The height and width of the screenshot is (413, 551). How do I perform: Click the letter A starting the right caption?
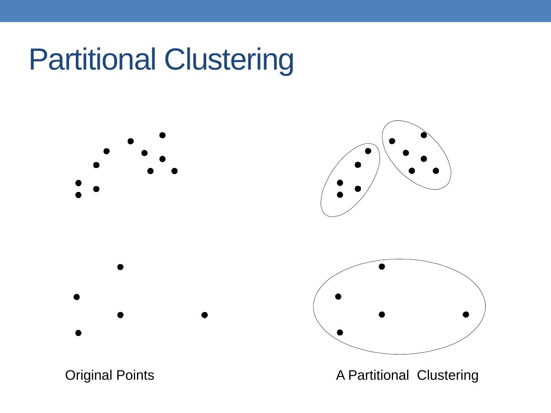341,375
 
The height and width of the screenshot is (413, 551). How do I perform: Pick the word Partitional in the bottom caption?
378,375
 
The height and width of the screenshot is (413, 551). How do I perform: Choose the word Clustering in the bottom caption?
448,375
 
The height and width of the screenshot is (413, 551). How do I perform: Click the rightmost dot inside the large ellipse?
466,314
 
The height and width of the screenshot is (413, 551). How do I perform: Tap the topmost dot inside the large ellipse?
382,267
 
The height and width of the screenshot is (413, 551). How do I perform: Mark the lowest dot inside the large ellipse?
340,332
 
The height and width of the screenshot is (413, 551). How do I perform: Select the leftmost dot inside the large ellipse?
338,296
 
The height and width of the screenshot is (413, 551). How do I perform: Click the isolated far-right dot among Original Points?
204,315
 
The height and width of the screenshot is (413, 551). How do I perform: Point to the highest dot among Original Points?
162,135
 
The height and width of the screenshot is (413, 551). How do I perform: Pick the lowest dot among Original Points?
78,333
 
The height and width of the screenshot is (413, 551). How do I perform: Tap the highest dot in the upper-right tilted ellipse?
424,135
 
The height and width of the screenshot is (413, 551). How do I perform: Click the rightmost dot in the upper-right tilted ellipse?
436,171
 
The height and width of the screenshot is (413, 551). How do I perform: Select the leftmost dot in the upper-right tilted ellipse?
392,141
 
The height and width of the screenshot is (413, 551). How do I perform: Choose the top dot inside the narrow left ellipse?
368,151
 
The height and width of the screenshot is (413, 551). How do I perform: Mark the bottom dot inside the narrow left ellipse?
340,195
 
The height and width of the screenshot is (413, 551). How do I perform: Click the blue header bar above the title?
275,11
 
